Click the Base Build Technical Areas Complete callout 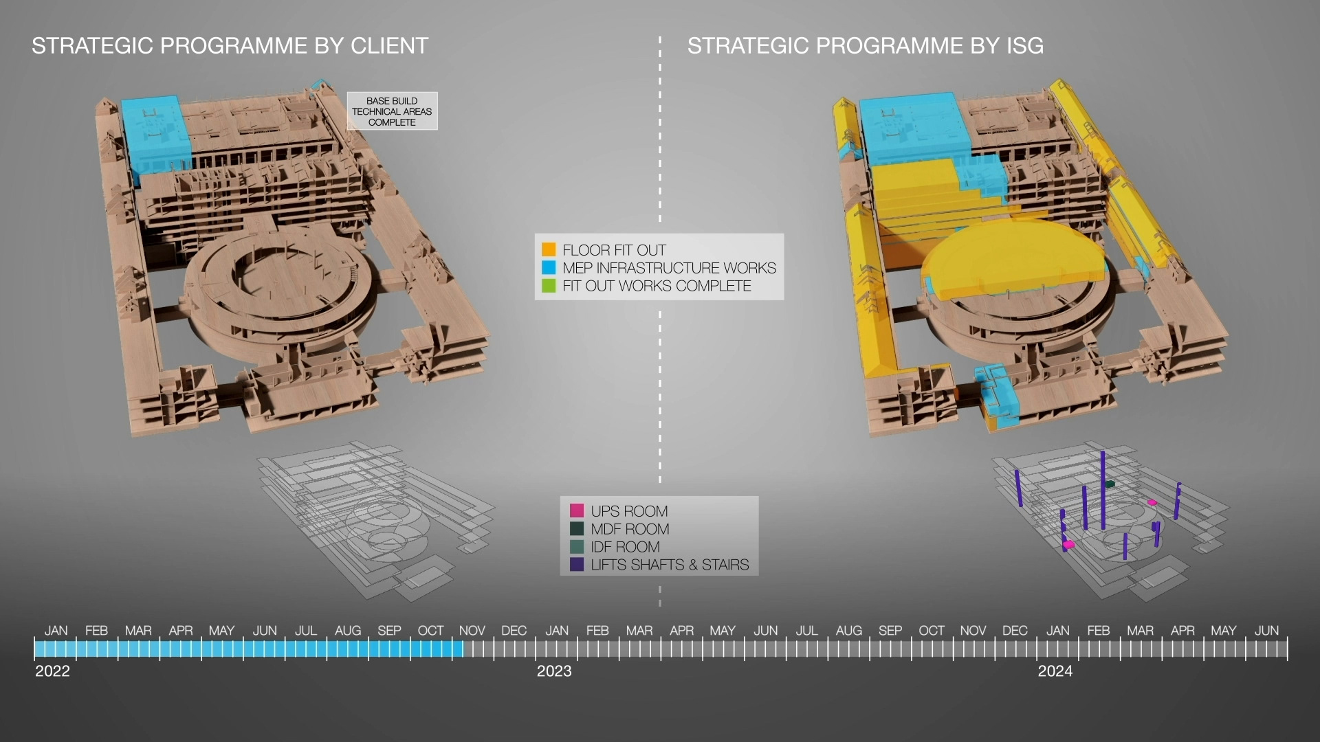click(x=392, y=111)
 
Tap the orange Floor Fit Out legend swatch click(x=549, y=249)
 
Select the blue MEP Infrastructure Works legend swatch click(x=549, y=267)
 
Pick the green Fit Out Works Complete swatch click(x=549, y=285)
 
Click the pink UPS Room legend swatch click(x=577, y=510)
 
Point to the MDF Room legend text click(x=630, y=529)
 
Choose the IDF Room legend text click(x=625, y=547)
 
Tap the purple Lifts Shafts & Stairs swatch click(x=577, y=564)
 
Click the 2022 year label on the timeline click(x=52, y=671)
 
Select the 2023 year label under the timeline click(x=554, y=671)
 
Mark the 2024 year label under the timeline click(x=1055, y=671)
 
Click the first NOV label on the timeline click(x=472, y=631)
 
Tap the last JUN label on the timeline click(x=1266, y=631)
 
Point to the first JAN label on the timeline click(x=56, y=631)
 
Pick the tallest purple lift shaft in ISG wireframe click(x=1103, y=489)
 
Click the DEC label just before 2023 click(x=514, y=631)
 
